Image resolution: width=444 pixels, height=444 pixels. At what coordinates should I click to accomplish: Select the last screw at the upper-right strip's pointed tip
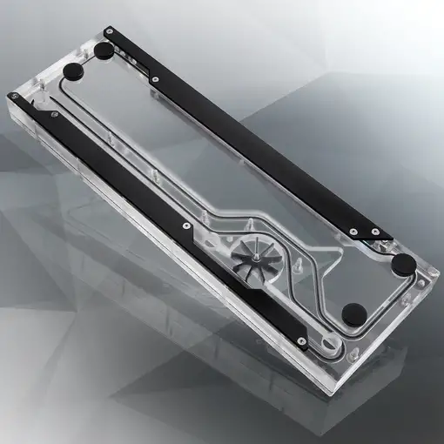374,232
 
